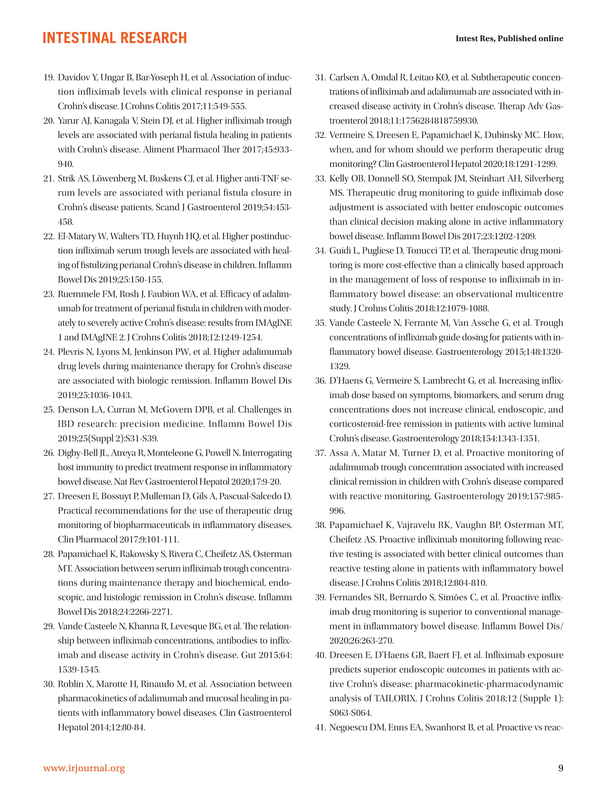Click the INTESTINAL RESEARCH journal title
click(x=115, y=38)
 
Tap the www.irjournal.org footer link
click(x=84, y=768)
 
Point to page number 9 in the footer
click(x=560, y=768)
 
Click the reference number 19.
click(x=49, y=77)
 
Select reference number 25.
click(x=49, y=409)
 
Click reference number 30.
click(x=49, y=684)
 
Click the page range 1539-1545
click(x=79, y=670)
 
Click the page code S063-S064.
click(x=350, y=713)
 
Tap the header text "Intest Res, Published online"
click(x=509, y=39)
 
